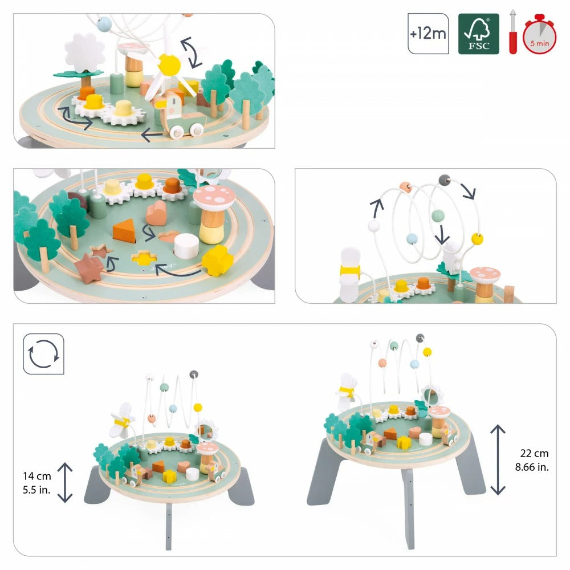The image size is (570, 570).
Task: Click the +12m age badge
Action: [x=428, y=34]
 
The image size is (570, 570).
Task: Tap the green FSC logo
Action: [x=478, y=34]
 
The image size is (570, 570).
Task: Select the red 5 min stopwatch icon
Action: [x=540, y=36]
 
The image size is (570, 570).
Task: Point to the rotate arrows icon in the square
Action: [x=43, y=354]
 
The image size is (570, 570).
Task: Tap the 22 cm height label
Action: [x=534, y=453]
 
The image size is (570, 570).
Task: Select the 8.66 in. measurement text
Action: [x=534, y=466]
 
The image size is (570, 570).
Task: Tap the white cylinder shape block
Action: [x=186, y=246]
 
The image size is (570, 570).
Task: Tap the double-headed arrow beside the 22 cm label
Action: [x=498, y=459]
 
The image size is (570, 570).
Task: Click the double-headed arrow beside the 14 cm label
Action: [x=66, y=482]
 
